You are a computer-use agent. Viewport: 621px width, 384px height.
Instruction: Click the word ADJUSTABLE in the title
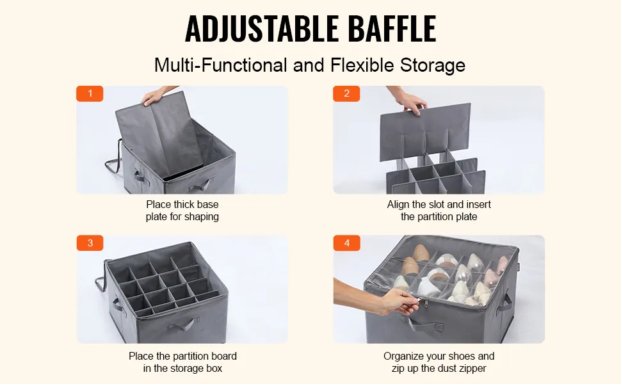tap(261, 28)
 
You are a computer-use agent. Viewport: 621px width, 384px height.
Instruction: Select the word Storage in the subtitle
tap(433, 65)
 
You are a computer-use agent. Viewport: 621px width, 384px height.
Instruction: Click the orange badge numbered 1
tap(90, 93)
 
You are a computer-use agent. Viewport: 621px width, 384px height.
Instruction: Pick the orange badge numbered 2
tap(346, 93)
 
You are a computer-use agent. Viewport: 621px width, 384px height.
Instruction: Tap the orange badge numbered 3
tap(90, 243)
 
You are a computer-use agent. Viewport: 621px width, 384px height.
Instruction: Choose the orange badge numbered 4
tap(346, 243)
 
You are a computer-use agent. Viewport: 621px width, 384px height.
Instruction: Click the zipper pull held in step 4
tap(425, 303)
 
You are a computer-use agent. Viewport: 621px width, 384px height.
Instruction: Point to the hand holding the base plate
tap(156, 95)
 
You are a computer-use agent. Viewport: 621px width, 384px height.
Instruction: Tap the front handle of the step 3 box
tap(182, 324)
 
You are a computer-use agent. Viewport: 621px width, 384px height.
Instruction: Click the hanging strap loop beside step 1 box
tap(113, 158)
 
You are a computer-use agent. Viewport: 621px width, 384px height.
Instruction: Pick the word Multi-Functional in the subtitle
tap(221, 65)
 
